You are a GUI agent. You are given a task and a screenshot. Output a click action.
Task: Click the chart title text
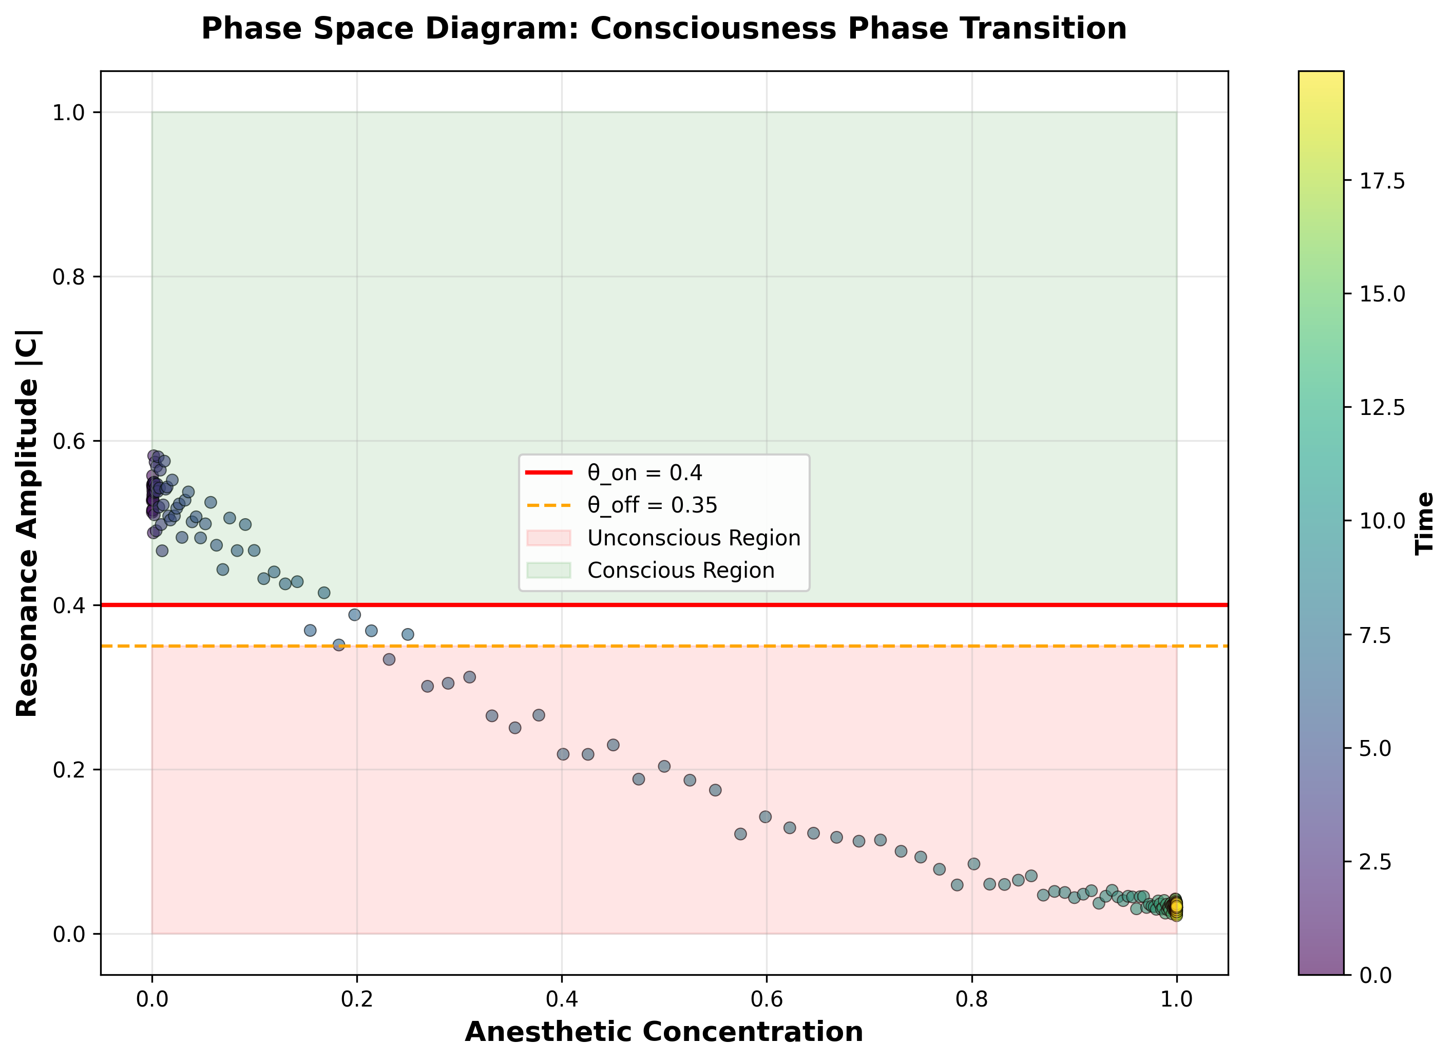pos(664,29)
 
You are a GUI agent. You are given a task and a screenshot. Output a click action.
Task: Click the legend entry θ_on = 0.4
pos(644,473)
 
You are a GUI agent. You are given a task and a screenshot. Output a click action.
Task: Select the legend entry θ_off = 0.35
pos(652,505)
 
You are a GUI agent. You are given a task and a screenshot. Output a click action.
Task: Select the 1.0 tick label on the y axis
pos(69,113)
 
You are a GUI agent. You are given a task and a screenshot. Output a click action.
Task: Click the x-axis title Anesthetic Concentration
pos(664,1032)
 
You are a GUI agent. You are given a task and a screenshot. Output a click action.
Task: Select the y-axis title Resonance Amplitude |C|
pos(28,523)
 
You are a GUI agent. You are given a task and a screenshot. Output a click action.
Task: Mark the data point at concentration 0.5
pos(664,766)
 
